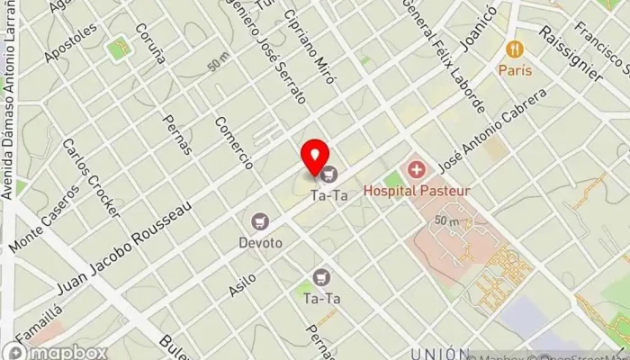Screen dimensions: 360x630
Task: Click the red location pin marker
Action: tap(315, 157)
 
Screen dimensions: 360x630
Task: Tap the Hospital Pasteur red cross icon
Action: tap(416, 168)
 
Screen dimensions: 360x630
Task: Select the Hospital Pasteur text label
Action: tap(417, 191)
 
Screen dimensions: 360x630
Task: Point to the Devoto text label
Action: tap(261, 243)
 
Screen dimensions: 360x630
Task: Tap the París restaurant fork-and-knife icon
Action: tap(516, 49)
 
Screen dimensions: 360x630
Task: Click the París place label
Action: tap(516, 70)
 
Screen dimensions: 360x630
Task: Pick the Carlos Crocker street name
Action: tap(91, 178)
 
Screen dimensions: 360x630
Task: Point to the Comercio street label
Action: tap(235, 143)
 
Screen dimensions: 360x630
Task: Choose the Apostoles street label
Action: tap(70, 42)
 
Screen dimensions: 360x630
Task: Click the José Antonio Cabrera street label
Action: tap(492, 130)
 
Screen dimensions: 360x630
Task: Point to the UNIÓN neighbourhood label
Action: tap(439, 353)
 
